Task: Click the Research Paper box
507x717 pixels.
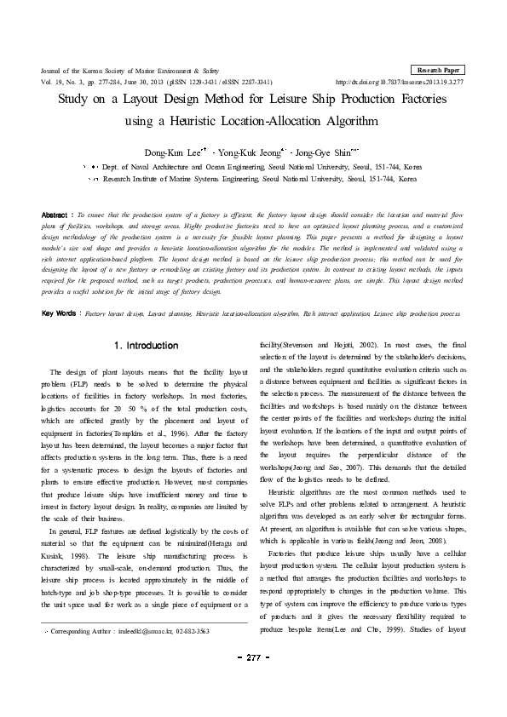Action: pos(438,69)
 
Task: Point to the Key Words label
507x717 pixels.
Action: pos(60,290)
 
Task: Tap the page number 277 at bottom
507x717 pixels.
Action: pos(253,681)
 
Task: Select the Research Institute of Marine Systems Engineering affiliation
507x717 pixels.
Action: pos(260,180)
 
